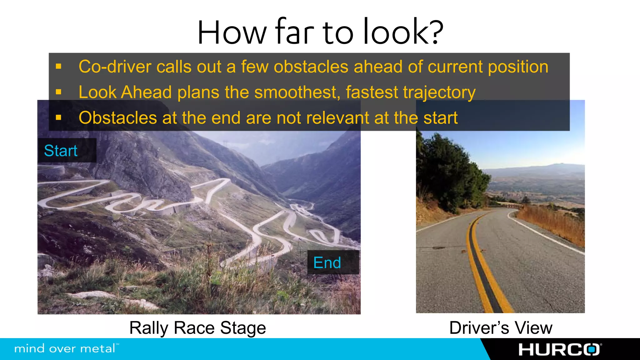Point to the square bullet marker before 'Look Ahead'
(x=58, y=92)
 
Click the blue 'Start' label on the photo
(x=61, y=151)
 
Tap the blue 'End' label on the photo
(x=327, y=262)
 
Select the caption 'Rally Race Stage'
(x=197, y=328)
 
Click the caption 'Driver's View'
(x=501, y=328)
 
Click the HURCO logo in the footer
(x=559, y=349)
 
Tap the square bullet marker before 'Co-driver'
(x=58, y=66)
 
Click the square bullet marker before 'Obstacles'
(x=58, y=117)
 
